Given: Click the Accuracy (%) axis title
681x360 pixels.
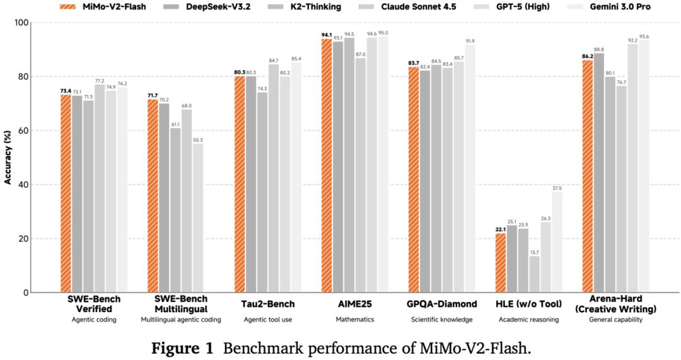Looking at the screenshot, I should click(x=8, y=158).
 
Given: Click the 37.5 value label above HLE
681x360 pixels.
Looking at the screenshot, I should click(x=557, y=187).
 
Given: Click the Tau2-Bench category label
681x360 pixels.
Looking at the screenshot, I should click(x=268, y=305).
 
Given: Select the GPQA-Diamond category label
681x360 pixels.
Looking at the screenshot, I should click(x=441, y=305).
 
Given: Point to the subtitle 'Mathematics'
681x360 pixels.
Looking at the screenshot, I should click(x=354, y=320).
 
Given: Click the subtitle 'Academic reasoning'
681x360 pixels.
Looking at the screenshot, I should click(x=528, y=320).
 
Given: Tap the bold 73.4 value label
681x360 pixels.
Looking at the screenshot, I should click(x=66, y=91).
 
